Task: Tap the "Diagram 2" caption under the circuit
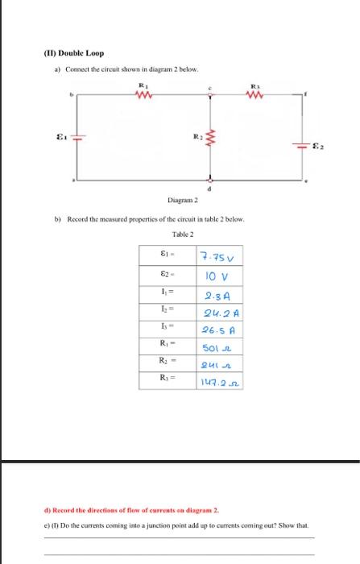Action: point(184,201)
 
